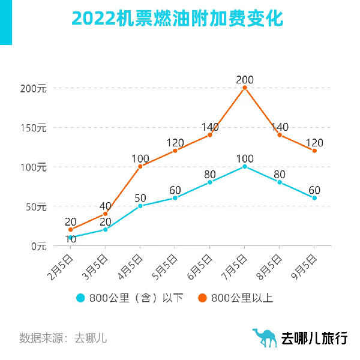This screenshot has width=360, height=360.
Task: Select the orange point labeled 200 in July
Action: click(245, 88)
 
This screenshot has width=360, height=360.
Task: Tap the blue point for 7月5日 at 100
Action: click(245, 166)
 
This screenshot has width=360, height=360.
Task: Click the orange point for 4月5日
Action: click(140, 166)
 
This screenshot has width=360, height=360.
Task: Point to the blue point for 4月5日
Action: click(140, 206)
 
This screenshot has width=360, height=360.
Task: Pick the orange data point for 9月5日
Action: click(314, 151)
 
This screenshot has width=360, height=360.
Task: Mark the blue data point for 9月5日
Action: click(314, 198)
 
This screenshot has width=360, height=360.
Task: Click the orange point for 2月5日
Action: click(71, 229)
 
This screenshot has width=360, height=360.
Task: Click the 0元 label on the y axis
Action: click(38, 246)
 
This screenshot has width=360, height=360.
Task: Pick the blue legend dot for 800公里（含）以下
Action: click(80, 298)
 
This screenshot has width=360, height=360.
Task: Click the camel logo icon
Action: click(265, 337)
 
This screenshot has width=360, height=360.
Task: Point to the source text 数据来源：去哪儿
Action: click(63, 338)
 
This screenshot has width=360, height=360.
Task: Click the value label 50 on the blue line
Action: click(140, 198)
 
